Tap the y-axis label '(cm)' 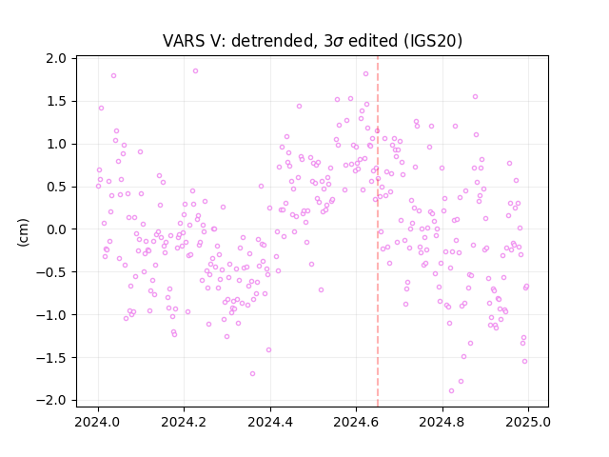23,232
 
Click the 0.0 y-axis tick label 56,229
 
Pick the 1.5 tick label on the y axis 56,102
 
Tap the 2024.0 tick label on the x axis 98,422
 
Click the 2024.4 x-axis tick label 270,422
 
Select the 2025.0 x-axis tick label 528,422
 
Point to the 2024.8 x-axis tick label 442,422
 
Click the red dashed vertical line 378,231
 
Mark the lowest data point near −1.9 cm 451,391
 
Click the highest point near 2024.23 195,71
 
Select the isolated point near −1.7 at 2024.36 252,374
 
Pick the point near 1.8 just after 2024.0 113,76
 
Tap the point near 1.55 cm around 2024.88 475,97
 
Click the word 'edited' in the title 373,41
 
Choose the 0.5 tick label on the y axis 56,187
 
